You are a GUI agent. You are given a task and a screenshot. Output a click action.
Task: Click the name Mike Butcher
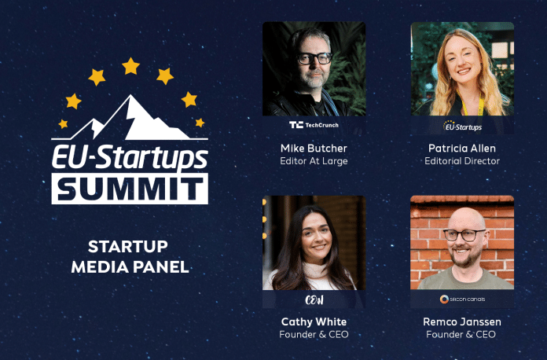click(x=314, y=149)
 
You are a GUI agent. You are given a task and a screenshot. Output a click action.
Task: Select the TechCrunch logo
click(x=314, y=125)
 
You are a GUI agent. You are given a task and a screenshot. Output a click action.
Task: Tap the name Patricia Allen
click(x=462, y=149)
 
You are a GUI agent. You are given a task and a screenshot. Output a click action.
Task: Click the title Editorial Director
click(x=462, y=161)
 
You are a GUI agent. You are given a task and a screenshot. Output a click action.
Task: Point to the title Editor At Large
click(x=314, y=161)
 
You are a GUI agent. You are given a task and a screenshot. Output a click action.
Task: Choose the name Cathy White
click(x=314, y=321)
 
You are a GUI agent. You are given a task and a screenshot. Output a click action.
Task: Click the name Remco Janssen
click(x=462, y=321)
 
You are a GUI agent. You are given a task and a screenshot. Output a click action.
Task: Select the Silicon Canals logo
click(x=462, y=299)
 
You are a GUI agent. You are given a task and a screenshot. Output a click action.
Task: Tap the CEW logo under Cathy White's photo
click(x=314, y=299)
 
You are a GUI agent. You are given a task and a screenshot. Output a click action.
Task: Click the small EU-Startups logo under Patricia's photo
click(x=462, y=126)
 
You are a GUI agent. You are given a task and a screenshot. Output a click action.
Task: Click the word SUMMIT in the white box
click(x=130, y=189)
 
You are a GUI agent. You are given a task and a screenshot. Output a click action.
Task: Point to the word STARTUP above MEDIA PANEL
click(x=127, y=247)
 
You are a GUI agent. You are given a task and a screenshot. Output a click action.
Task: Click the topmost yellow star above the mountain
click(x=130, y=66)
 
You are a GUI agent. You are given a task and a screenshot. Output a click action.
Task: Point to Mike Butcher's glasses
click(x=314, y=58)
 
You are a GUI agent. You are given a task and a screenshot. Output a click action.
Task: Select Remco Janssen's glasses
click(x=464, y=235)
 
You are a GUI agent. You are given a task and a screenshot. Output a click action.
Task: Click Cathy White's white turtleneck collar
click(x=315, y=270)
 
